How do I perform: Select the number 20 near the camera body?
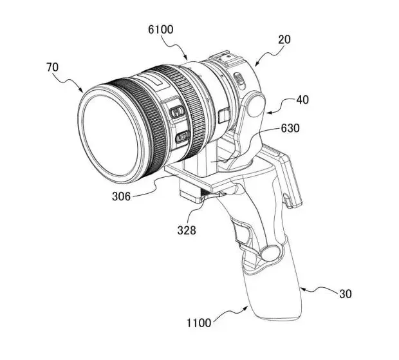click(284, 39)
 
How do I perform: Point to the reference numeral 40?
click(302, 100)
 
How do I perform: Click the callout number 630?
click(290, 128)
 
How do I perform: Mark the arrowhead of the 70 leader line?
click(83, 90)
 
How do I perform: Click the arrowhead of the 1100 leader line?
click(248, 308)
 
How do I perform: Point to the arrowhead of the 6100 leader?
click(187, 57)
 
